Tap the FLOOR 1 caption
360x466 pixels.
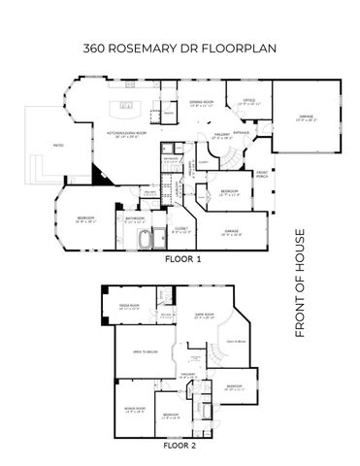pos(181,259)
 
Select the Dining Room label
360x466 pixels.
pos(202,104)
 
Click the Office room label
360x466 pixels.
pos(248,100)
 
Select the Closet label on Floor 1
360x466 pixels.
pos(180,230)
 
